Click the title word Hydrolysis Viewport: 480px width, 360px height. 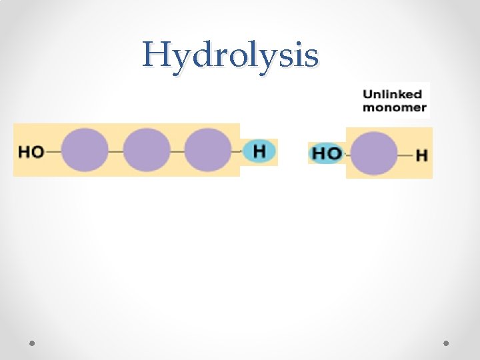(230, 55)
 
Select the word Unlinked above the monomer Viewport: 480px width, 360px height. (392, 94)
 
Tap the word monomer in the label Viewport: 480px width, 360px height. (394, 107)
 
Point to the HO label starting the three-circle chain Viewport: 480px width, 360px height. (31, 151)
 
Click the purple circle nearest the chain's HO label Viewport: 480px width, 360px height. (85, 151)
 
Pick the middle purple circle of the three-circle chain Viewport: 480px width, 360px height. (147, 151)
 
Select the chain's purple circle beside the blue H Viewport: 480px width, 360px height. (207, 151)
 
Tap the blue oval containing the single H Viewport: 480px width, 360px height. (259, 151)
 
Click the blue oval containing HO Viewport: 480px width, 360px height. (327, 154)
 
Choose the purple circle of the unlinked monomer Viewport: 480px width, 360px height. (373, 154)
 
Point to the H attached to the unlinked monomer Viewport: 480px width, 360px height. (421, 155)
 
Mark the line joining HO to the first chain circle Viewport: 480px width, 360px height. (53, 151)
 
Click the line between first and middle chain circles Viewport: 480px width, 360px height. (115, 151)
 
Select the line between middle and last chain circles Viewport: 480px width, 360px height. (177, 151)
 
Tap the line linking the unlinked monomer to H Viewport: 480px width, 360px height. (405, 155)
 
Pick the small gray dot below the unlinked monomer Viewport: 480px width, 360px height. (446, 343)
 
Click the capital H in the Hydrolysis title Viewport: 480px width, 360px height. (157, 55)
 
